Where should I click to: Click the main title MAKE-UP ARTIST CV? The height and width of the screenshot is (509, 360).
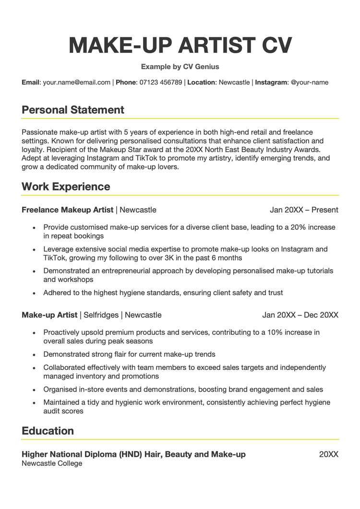tap(180, 45)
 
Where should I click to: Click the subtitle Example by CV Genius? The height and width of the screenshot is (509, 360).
tap(180, 67)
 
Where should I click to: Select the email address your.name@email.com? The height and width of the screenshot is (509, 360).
tap(77, 83)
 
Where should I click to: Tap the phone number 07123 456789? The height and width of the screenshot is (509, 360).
tap(160, 83)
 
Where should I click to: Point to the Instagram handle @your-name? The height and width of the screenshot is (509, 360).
tap(310, 83)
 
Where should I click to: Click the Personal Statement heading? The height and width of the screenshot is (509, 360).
tap(73, 110)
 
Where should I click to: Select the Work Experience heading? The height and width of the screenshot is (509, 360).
tap(66, 187)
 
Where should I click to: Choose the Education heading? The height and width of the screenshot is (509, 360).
tap(48, 431)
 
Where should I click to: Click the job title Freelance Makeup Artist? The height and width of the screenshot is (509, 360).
tap(68, 210)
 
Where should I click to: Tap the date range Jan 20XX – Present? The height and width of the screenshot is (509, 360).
tap(304, 210)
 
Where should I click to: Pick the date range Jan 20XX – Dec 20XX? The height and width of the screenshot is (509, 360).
tap(300, 315)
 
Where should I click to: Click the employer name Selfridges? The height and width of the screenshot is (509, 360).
tap(101, 315)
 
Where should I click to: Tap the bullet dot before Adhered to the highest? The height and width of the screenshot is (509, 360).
tap(34, 293)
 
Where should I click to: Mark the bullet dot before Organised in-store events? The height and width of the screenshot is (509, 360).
tap(34, 390)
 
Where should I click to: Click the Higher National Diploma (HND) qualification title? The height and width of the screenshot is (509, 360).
tap(133, 454)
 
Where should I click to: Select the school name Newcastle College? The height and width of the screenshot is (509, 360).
tap(52, 463)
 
